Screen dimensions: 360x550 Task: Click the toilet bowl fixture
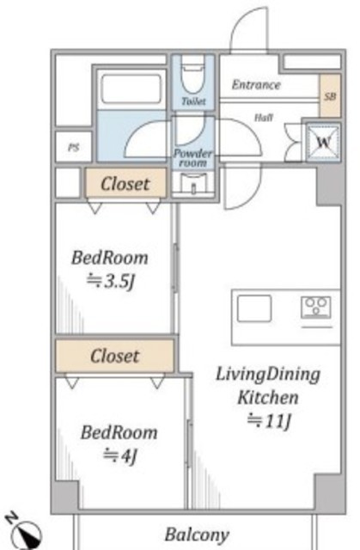click(x=192, y=76)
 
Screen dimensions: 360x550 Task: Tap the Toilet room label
click(x=193, y=101)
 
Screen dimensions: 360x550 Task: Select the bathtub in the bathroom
click(x=131, y=89)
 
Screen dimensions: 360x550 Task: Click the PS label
click(x=73, y=147)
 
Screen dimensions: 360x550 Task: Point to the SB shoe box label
click(x=330, y=96)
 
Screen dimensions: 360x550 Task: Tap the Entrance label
click(x=256, y=84)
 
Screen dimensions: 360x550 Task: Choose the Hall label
click(x=264, y=118)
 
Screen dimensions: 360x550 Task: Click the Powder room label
click(x=192, y=158)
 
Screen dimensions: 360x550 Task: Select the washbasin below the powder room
click(x=193, y=183)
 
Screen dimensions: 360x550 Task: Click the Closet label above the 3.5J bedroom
click(x=125, y=184)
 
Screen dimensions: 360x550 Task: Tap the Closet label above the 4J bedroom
click(x=114, y=356)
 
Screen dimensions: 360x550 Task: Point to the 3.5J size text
click(x=111, y=281)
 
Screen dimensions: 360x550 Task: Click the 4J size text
click(x=119, y=455)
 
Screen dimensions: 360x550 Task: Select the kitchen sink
click(x=254, y=309)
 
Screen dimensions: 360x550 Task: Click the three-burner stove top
click(x=316, y=308)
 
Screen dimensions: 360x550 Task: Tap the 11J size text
click(x=269, y=420)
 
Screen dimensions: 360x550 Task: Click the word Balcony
click(x=197, y=535)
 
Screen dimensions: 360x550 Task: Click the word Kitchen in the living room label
click(x=268, y=397)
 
